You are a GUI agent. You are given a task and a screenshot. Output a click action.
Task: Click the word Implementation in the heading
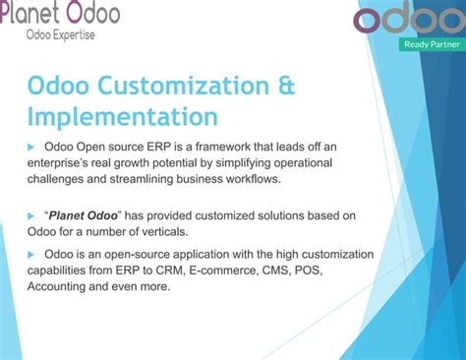pos(122,116)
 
